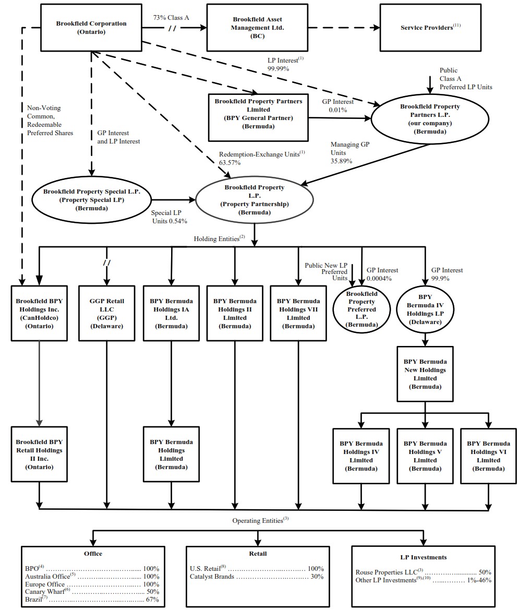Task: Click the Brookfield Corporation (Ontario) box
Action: click(91, 27)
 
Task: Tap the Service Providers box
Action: click(430, 27)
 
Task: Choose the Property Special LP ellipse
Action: click(91, 199)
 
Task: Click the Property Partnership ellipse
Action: click(254, 200)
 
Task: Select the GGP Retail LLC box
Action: click(106, 313)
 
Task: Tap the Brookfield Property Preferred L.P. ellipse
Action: click(361, 309)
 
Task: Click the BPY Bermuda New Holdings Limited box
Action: click(425, 374)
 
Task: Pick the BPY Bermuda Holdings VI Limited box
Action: click(488, 456)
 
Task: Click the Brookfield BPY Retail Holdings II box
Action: click(39, 454)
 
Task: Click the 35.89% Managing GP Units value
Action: click(341, 161)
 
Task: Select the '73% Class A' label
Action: click(171, 17)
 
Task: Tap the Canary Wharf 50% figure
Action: click(151, 592)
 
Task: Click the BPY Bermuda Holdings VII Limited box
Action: click(298, 313)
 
